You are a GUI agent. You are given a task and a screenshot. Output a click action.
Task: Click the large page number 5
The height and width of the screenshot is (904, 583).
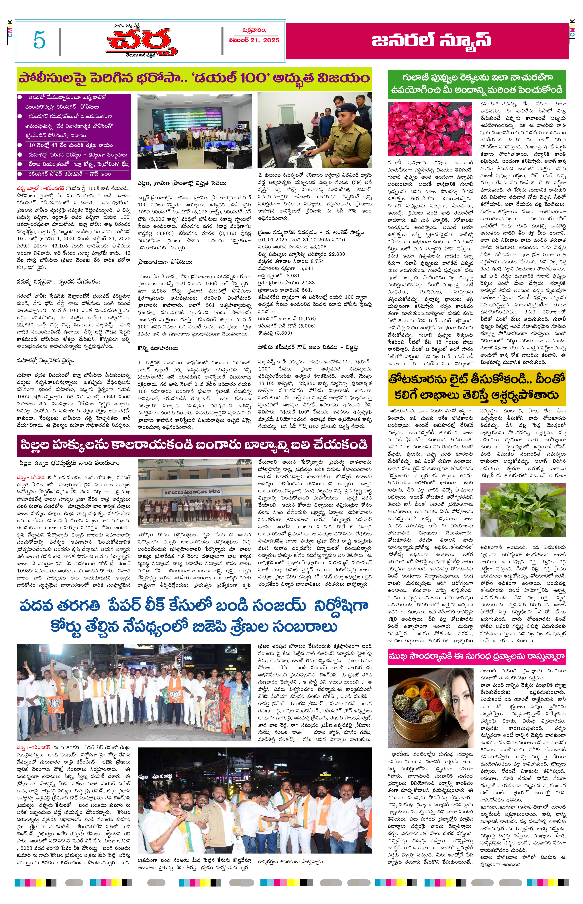39,40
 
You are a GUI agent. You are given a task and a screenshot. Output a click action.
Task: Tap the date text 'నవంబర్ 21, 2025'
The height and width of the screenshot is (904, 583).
254,40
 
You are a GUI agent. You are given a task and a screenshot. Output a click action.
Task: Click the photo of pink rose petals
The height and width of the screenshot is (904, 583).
430,128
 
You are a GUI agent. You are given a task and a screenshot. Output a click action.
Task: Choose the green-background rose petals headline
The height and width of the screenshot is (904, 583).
476,84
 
